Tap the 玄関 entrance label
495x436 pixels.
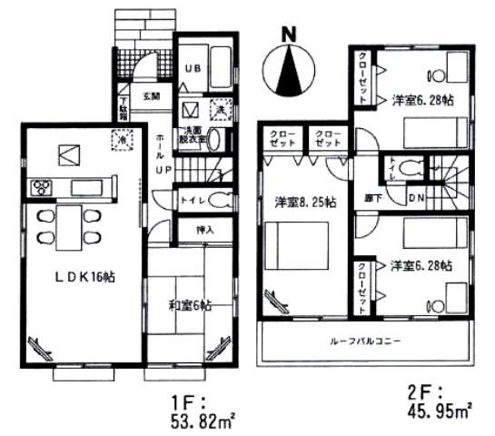tap(150, 94)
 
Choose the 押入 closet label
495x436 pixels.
tap(205, 231)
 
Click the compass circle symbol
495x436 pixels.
tap(289, 67)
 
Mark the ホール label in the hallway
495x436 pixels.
tap(160, 143)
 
